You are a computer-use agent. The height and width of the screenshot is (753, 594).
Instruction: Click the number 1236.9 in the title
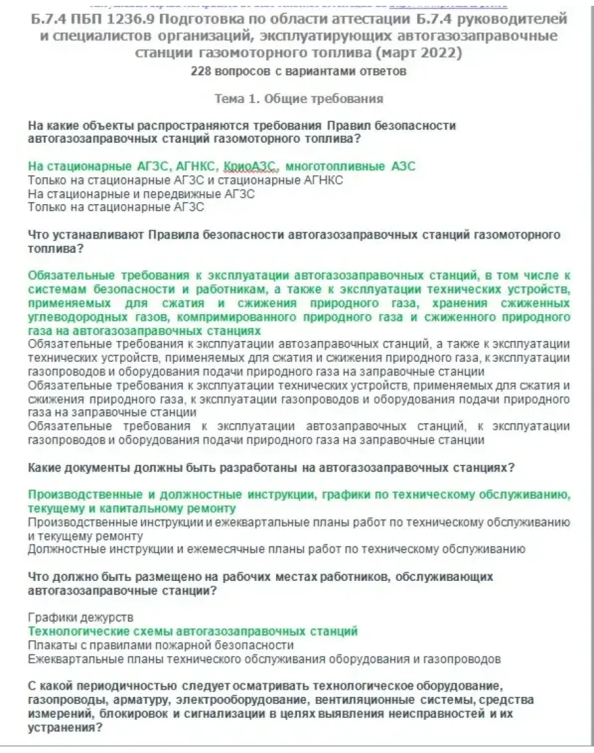pyautogui.click(x=140, y=18)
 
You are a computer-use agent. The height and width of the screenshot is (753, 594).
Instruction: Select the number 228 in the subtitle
pyautogui.click(x=200, y=71)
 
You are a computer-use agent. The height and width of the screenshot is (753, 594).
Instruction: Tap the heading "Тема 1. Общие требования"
pyautogui.click(x=298, y=98)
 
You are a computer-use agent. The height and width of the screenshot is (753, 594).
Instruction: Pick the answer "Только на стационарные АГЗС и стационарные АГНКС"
pyautogui.click(x=185, y=180)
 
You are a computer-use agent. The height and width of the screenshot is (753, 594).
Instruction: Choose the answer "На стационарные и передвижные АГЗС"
pyautogui.click(x=141, y=194)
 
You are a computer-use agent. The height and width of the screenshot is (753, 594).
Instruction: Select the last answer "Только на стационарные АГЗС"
pyautogui.click(x=116, y=207)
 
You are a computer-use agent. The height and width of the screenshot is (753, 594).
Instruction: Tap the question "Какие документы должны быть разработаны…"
pyautogui.click(x=272, y=467)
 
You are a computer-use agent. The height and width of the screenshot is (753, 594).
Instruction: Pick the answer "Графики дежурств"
pyautogui.click(x=81, y=617)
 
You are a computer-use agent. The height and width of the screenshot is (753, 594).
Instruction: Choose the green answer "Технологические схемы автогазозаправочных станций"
pyautogui.click(x=193, y=631)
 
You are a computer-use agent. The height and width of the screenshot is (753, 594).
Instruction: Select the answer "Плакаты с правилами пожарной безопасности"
pyautogui.click(x=161, y=645)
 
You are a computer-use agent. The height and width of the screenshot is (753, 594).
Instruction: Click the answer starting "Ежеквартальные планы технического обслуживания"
pyautogui.click(x=264, y=658)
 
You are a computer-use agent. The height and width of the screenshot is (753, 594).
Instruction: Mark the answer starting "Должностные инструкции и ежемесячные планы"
pyautogui.click(x=277, y=549)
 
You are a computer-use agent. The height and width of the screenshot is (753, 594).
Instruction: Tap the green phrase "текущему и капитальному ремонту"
pyautogui.click(x=132, y=508)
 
